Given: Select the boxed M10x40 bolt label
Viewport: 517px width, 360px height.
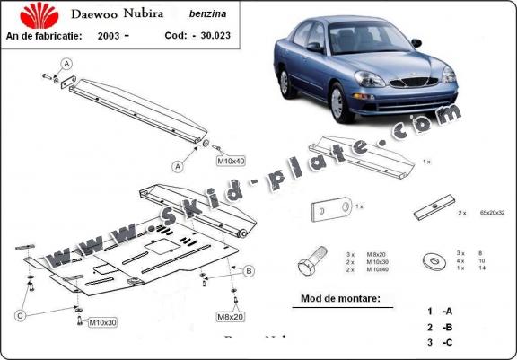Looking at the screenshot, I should [x=231, y=162].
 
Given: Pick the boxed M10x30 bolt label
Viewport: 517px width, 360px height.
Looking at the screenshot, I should [x=97, y=321].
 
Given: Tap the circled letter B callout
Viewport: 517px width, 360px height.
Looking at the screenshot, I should [x=249, y=270].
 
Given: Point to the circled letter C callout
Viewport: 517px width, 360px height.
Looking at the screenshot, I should [x=19, y=313].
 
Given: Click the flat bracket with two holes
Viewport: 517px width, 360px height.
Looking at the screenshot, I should [x=329, y=211].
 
